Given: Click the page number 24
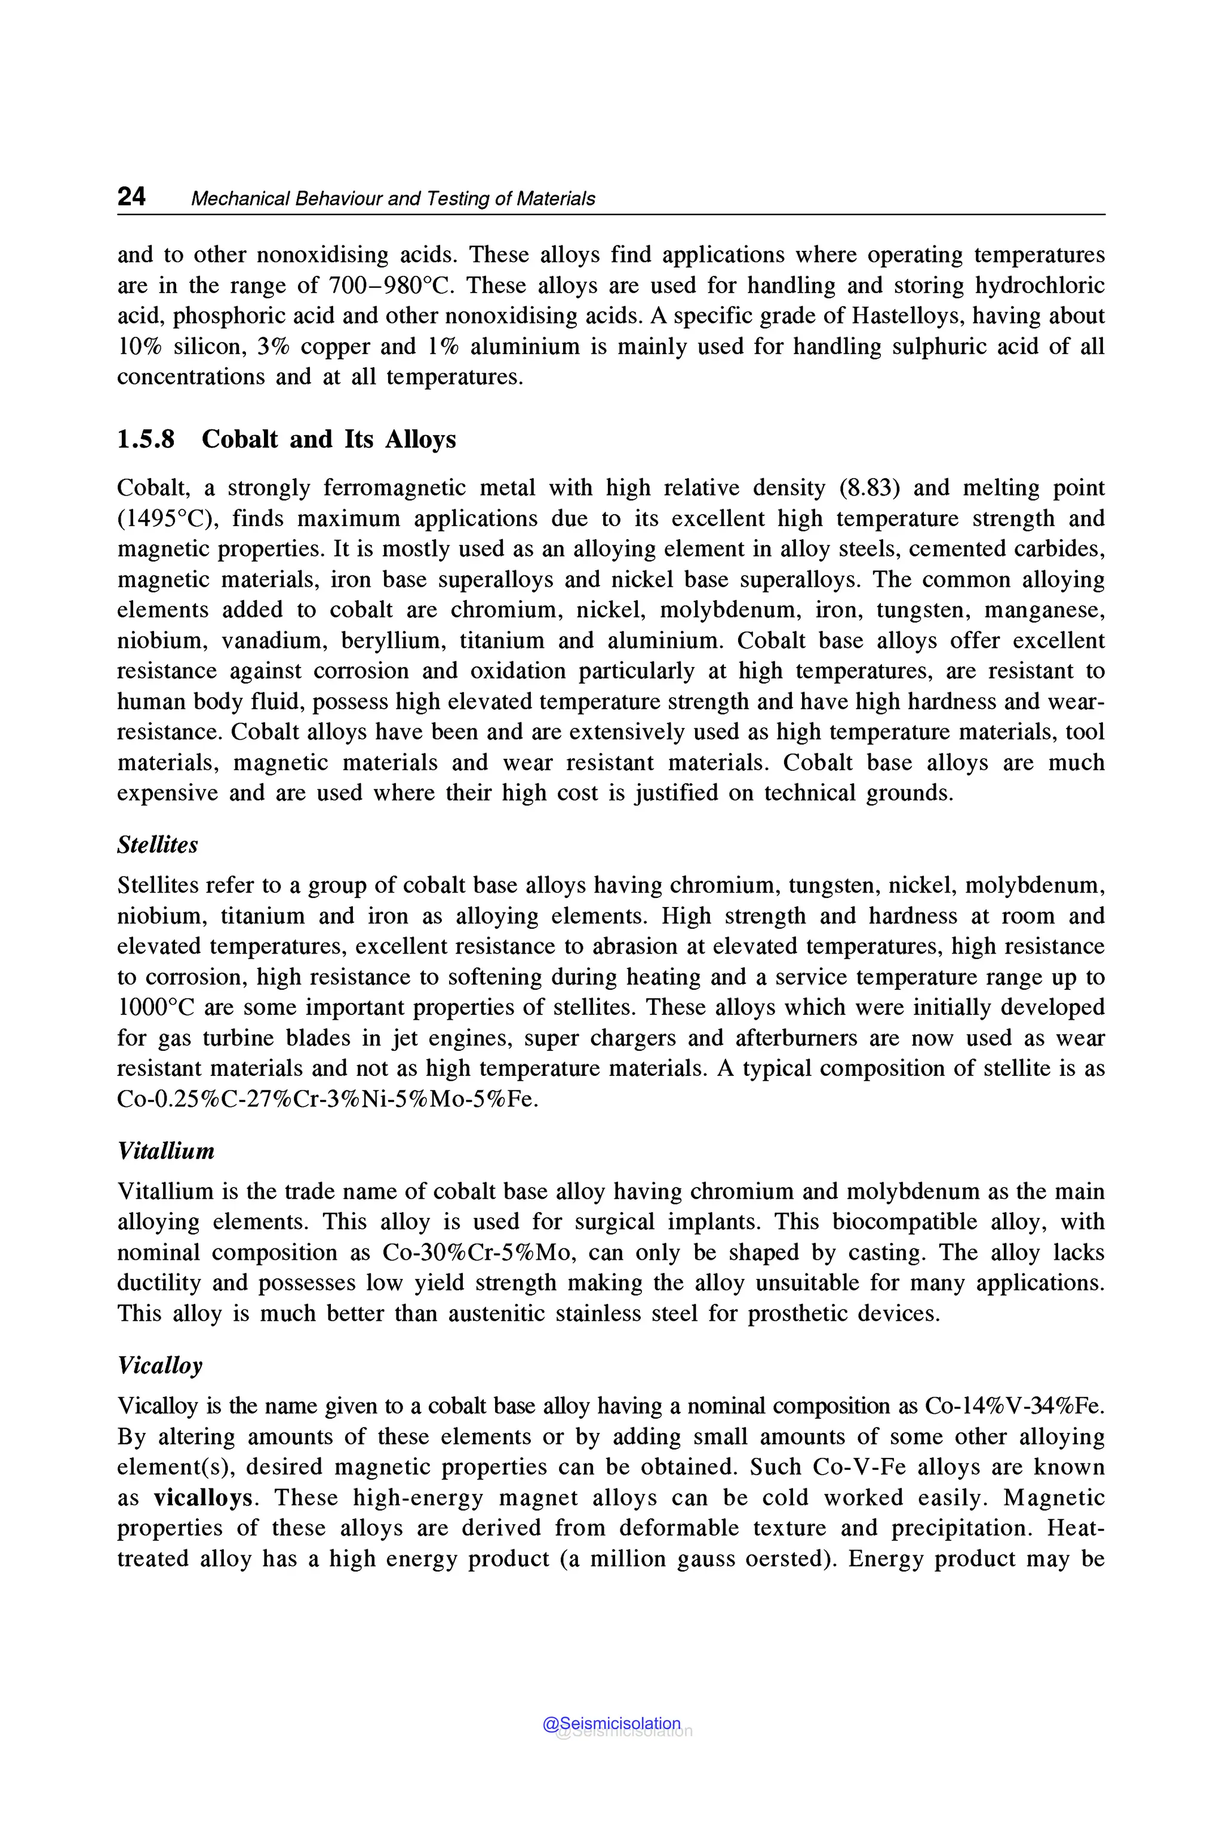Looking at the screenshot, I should (131, 196).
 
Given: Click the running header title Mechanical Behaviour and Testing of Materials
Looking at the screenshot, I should (392, 199).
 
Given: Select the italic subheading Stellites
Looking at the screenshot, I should (158, 845).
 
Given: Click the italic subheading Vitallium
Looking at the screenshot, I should (165, 1151).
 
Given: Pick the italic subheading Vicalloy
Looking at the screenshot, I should (160, 1365).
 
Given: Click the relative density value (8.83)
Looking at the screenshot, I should (869, 488).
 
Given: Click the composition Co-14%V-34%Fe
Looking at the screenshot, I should (1014, 1406).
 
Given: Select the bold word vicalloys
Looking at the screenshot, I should (204, 1498).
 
